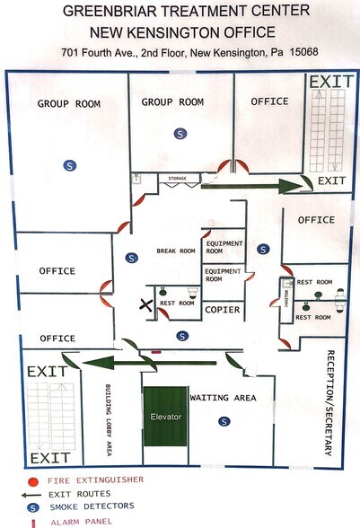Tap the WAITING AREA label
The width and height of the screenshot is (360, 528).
click(x=223, y=397)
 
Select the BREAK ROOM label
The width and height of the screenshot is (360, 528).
click(x=176, y=251)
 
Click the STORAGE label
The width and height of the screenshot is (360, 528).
click(x=178, y=179)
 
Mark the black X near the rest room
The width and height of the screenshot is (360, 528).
click(x=144, y=305)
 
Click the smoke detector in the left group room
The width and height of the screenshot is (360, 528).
click(x=69, y=164)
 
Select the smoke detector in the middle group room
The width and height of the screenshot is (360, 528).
click(x=180, y=133)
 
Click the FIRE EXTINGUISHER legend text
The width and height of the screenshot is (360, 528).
click(x=91, y=480)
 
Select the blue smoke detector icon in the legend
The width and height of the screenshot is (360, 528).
click(x=32, y=506)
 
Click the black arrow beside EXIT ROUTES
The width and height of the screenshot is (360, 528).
click(x=32, y=494)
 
